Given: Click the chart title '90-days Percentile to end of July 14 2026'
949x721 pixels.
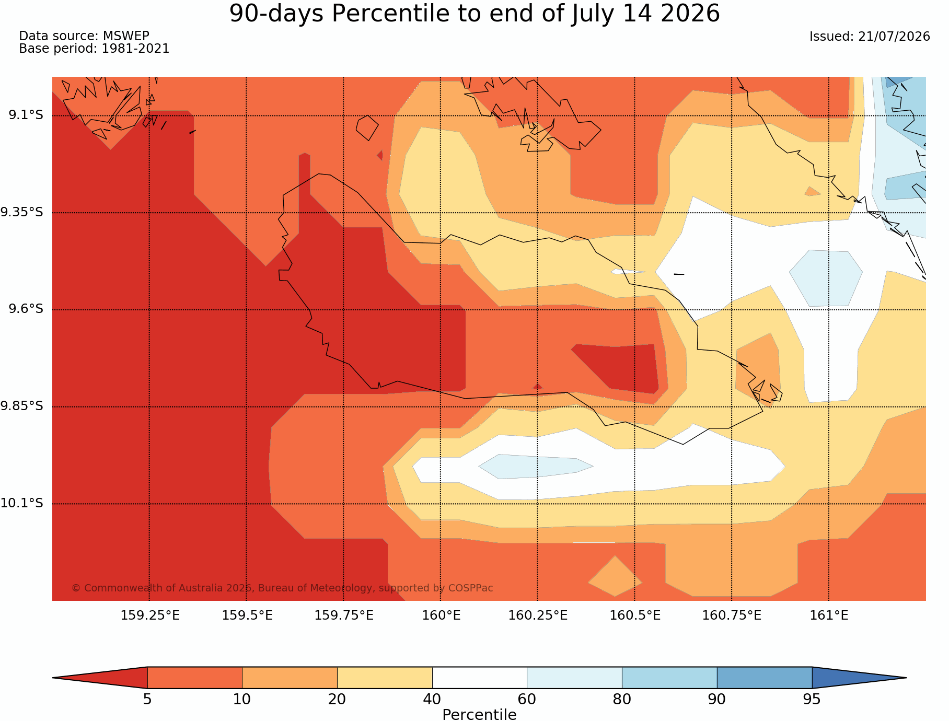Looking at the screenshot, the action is [x=475, y=14].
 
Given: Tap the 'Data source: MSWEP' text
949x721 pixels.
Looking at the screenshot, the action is [x=84, y=36].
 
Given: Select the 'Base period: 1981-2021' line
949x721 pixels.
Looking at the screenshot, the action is [x=94, y=49].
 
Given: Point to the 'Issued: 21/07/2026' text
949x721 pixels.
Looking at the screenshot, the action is [x=870, y=37].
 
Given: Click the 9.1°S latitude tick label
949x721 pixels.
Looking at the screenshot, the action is [x=26, y=115].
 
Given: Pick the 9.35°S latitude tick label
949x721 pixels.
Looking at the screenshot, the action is [x=22, y=212].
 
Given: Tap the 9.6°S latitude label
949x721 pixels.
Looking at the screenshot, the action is [x=26, y=309].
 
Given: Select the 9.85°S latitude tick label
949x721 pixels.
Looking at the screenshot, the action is [x=22, y=406].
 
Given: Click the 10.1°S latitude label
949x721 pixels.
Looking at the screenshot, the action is [x=22, y=503].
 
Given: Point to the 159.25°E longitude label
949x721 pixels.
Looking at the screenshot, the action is [x=150, y=615].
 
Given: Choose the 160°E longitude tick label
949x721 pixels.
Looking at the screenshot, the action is [x=441, y=615].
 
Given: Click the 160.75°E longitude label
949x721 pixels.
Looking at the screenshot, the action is [x=732, y=615].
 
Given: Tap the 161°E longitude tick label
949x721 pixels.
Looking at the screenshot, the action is [x=829, y=615].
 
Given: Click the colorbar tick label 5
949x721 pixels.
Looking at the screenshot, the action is [x=147, y=699].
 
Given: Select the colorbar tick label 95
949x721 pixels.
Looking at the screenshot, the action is [x=812, y=699].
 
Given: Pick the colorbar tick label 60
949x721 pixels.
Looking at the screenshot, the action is [x=527, y=699].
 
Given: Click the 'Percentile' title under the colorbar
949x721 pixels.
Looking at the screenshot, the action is [x=479, y=715].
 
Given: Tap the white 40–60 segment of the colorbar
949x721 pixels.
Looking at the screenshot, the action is [x=479, y=678].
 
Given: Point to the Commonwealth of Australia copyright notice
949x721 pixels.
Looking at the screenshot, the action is [x=282, y=588].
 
